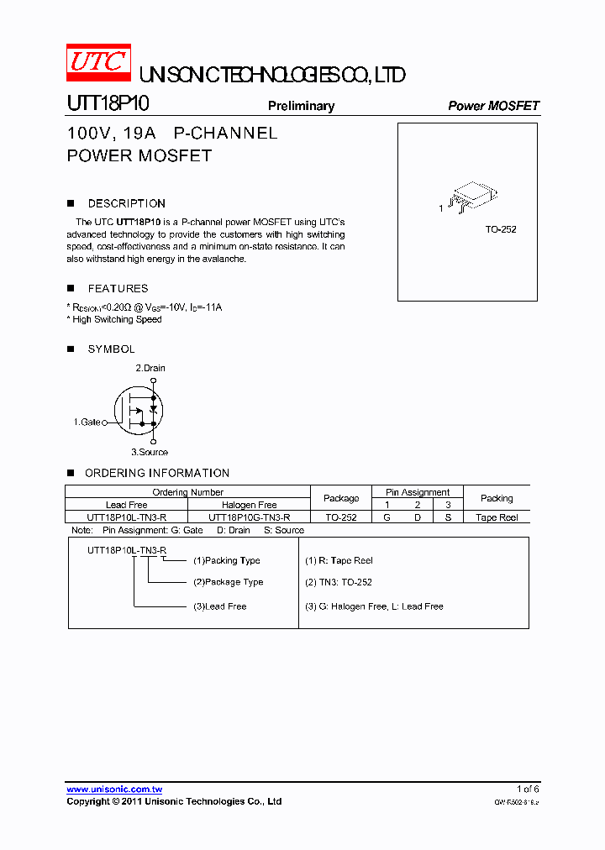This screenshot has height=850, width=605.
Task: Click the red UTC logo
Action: pyautogui.click(x=98, y=62)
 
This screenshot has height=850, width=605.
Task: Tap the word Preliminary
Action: pyautogui.click(x=301, y=106)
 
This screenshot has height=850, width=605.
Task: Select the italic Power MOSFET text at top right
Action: pyautogui.click(x=493, y=106)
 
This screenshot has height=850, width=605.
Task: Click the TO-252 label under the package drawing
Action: pyautogui.click(x=501, y=229)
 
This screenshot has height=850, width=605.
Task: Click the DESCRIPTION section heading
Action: pyautogui.click(x=126, y=203)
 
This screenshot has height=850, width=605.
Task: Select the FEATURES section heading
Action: pyautogui.click(x=118, y=288)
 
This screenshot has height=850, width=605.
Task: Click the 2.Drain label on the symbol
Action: pyautogui.click(x=150, y=368)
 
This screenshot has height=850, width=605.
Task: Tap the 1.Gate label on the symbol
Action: pyautogui.click(x=87, y=422)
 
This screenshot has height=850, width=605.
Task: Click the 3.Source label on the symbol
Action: pyautogui.click(x=152, y=452)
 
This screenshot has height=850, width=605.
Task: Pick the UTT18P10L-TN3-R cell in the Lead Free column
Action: pyautogui.click(x=127, y=517)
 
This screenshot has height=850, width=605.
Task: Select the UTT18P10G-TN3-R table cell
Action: pyautogui.click(x=250, y=517)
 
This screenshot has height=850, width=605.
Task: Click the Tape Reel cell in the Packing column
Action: pyautogui.click(x=497, y=517)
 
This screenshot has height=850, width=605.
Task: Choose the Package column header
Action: pyautogui.click(x=341, y=498)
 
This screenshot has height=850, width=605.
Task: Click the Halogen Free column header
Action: pyautogui.click(x=250, y=505)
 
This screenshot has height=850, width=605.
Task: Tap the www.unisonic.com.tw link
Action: pyautogui.click(x=114, y=790)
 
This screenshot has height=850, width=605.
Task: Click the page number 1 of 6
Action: pyautogui.click(x=528, y=789)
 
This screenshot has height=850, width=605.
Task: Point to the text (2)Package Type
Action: pyautogui.click(x=228, y=582)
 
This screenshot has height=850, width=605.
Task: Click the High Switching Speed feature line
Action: pyautogui.click(x=115, y=319)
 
